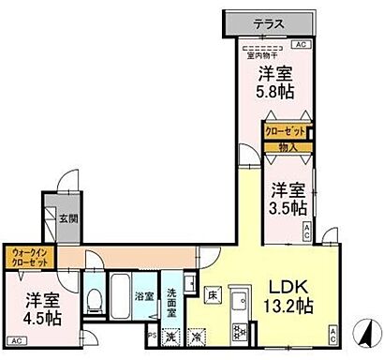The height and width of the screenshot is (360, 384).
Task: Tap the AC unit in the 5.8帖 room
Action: click(x=301, y=45)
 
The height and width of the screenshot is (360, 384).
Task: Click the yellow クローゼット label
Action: click(x=284, y=133)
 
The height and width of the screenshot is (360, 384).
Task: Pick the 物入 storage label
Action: click(x=288, y=146)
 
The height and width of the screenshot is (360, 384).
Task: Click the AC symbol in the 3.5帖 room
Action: click(x=306, y=232)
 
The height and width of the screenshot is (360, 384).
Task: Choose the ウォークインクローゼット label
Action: click(x=32, y=255)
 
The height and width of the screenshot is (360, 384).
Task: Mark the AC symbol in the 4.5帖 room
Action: click(x=16, y=340)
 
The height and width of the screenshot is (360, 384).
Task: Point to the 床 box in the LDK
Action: click(x=213, y=295)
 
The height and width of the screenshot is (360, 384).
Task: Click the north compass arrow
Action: click(x=361, y=336)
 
